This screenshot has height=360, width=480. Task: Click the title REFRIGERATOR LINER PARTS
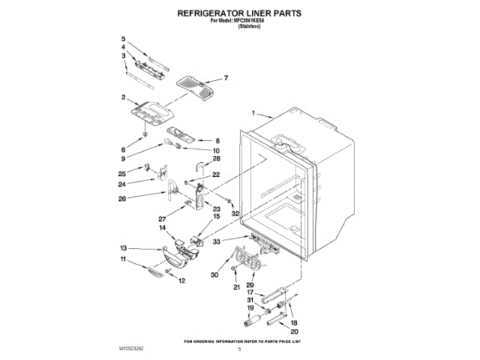(x=239, y=13)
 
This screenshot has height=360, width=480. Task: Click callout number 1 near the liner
(x=253, y=114)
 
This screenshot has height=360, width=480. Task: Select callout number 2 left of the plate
(x=123, y=97)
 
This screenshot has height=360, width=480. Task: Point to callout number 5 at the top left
(x=124, y=38)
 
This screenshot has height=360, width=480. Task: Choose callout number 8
(x=217, y=140)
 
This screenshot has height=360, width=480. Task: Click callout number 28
(x=216, y=159)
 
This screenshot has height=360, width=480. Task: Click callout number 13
(x=123, y=248)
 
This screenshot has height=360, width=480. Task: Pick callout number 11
(x=123, y=259)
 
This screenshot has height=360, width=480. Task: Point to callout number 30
(x=214, y=276)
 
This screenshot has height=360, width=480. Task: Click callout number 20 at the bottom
(x=294, y=331)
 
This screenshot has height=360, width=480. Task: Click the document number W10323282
(x=132, y=349)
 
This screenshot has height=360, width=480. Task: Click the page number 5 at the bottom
(x=239, y=349)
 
